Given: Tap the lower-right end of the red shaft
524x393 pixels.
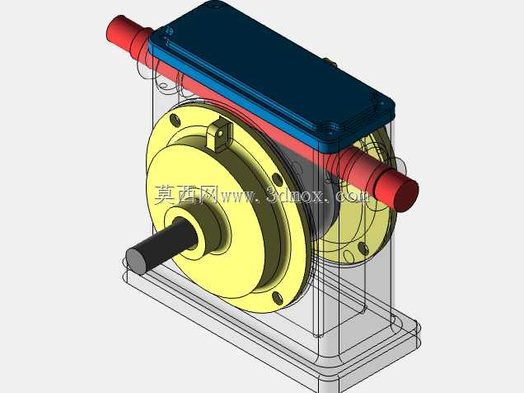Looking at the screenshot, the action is point(406,193).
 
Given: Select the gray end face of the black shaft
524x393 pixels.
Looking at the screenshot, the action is point(136,262).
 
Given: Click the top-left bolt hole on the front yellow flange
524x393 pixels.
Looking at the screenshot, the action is point(175,120).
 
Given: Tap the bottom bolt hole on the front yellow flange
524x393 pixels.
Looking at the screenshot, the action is point(278,297).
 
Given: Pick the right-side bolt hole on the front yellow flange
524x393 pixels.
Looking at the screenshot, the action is point(277,179).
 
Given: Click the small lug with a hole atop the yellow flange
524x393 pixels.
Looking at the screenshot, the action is point(219,135).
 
